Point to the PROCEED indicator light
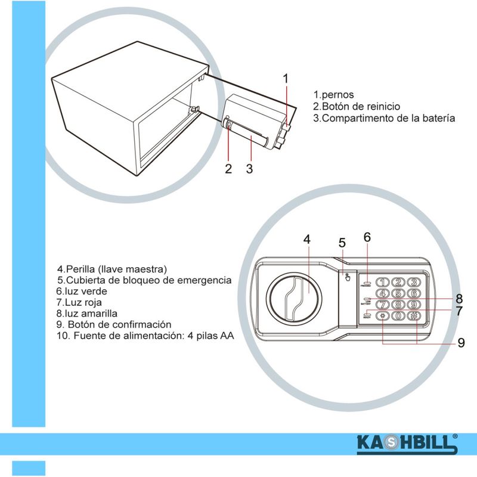[x=366, y=283]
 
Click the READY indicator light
[x=366, y=315]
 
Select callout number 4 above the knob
[x=306, y=240]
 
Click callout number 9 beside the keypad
[x=461, y=343]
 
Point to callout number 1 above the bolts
[x=286, y=78]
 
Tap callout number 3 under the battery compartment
[x=249, y=169]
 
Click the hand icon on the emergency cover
[x=346, y=277]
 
